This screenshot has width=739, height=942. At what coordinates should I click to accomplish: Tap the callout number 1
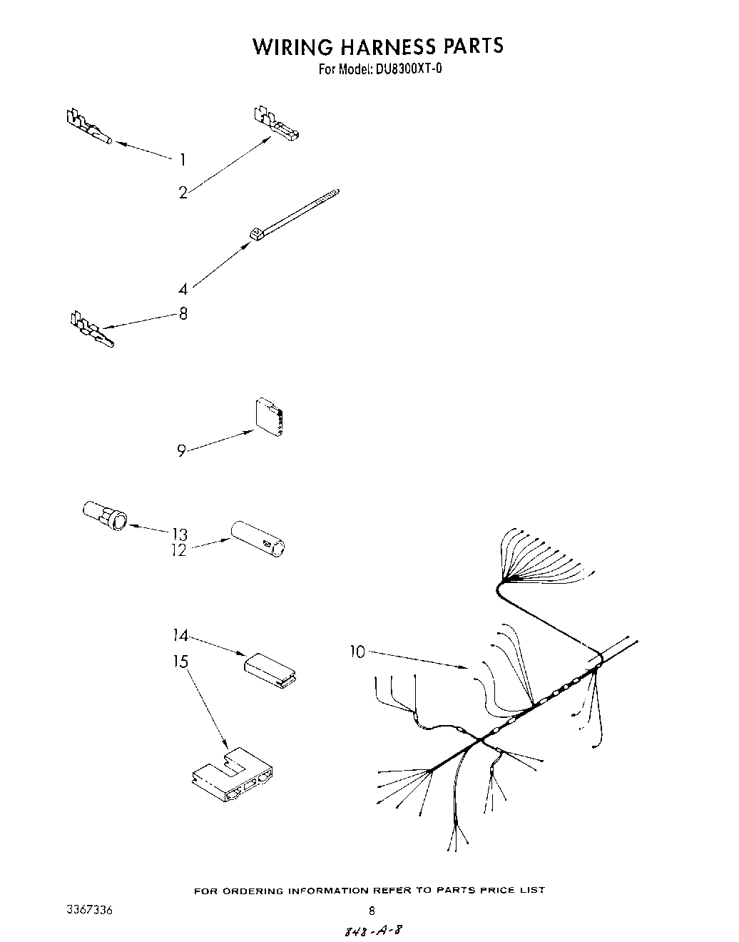point(183,160)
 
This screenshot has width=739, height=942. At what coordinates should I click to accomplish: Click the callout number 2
point(183,192)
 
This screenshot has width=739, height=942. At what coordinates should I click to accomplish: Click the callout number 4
point(183,289)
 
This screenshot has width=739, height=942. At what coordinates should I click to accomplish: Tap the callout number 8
point(183,313)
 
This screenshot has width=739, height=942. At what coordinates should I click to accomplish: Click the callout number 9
point(182,450)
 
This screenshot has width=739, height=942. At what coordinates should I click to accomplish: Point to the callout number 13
point(179,534)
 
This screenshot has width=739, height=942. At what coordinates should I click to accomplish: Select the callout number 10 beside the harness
point(357,651)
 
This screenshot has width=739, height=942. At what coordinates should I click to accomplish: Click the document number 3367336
point(88,911)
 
